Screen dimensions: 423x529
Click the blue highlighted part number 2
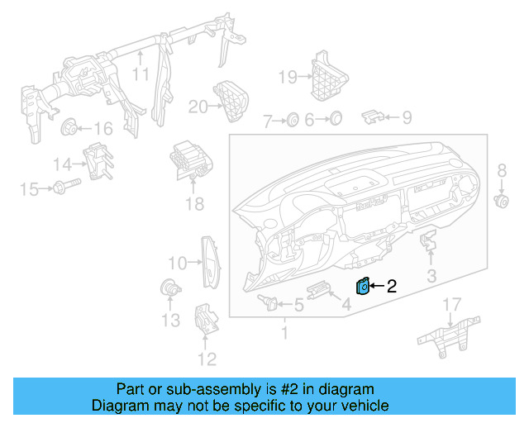[361, 287]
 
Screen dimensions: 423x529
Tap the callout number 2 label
[392, 287]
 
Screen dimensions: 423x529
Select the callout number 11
[141, 74]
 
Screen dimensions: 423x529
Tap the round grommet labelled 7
[292, 121]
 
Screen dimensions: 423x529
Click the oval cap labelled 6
[335, 120]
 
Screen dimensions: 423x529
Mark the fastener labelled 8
[500, 200]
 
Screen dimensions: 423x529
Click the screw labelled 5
[269, 302]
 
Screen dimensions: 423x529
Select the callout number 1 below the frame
[284, 334]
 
